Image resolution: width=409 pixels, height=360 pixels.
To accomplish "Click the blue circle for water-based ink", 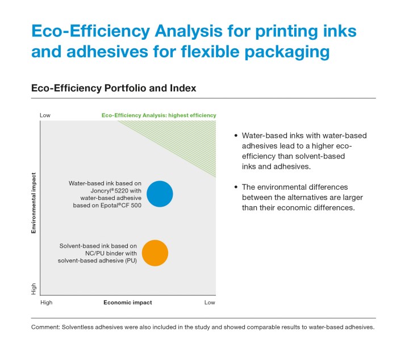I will click(x=160, y=194).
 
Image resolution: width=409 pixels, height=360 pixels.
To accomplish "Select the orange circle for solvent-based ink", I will click(x=155, y=253).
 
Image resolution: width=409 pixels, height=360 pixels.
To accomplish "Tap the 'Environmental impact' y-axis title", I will click(x=34, y=204).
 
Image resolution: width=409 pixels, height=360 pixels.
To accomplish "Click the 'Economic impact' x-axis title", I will click(x=128, y=303).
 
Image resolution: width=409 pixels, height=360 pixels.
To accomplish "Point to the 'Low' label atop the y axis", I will click(x=45, y=115).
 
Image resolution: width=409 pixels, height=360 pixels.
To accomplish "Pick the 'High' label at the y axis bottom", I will click(x=34, y=288).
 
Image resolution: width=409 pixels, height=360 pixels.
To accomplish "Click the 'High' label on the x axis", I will click(x=47, y=303).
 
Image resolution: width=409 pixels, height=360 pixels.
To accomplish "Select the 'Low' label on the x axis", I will click(x=210, y=303).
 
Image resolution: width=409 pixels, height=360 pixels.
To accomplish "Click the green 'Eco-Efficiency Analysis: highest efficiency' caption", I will click(x=158, y=115).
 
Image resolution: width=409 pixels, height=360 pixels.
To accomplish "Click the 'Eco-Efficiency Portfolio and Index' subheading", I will click(x=113, y=89).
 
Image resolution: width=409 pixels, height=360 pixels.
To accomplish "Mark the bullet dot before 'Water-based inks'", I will click(x=236, y=136).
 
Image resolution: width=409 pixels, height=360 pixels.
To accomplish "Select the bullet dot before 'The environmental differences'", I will click(x=236, y=187).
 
